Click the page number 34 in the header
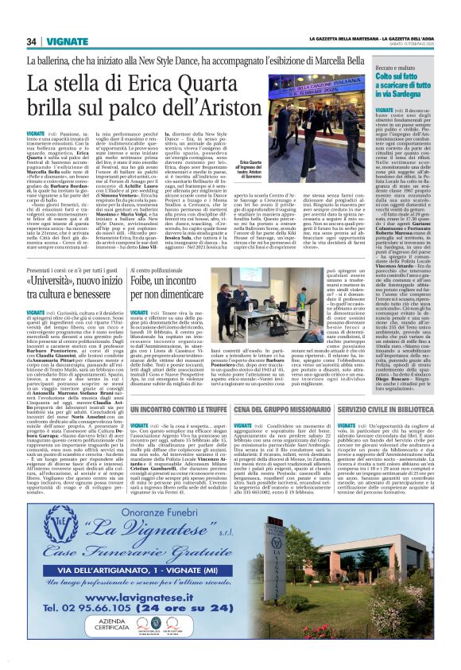pyautogui.click(x=32, y=41)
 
